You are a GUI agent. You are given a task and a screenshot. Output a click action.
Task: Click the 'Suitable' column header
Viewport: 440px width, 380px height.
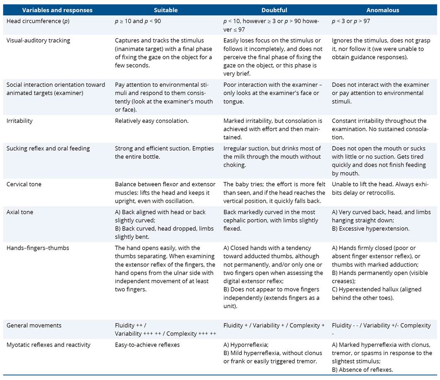coord(165,10)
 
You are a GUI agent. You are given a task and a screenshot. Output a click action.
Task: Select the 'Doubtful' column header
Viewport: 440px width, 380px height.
coord(275,10)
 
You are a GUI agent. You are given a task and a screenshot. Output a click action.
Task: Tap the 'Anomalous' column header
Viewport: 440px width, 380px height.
coord(383,10)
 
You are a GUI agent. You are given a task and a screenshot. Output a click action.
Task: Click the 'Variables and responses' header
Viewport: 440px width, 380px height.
coord(57,10)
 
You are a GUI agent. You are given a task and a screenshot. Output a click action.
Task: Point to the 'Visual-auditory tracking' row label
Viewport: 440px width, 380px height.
coord(38,41)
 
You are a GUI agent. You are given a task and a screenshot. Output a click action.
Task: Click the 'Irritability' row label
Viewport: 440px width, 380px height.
coord(19,121)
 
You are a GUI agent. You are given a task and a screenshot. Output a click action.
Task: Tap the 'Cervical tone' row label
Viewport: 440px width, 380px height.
coord(24,184)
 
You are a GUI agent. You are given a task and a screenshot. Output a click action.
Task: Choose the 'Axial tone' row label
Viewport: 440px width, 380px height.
coord(19,212)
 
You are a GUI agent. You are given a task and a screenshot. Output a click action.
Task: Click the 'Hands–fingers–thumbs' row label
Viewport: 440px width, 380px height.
coord(38,248)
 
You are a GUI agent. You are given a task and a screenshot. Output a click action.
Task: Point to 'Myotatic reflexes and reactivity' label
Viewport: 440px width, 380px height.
coord(48,345)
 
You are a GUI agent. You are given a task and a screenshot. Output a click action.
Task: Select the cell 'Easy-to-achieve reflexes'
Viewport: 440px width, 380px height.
coord(148,345)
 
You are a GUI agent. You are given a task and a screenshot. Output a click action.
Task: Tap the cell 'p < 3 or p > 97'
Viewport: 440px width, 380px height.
coord(351,21)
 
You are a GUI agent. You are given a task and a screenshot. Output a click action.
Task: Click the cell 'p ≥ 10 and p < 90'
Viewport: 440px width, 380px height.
coord(138,21)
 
